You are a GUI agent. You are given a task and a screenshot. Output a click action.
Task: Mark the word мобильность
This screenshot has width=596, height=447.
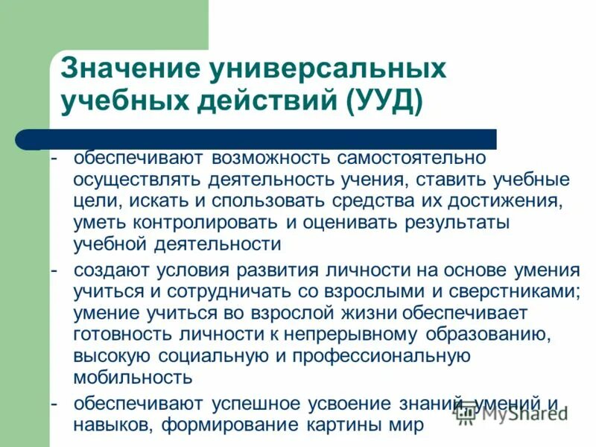click(133, 378)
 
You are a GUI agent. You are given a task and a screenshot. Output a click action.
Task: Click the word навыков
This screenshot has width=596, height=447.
click(107, 425)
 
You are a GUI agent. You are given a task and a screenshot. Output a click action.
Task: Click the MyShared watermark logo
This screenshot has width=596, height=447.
click(514, 412)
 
